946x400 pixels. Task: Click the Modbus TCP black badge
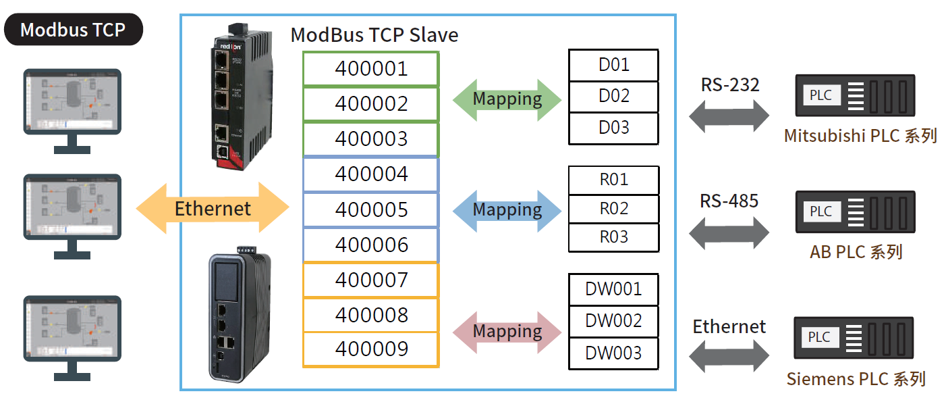74,30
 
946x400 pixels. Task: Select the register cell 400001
371,68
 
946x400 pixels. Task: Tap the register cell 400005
371,209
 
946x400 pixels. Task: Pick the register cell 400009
371,349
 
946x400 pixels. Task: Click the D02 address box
613,97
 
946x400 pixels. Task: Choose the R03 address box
613,237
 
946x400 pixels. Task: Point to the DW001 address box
613,290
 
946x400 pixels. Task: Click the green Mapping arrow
507,100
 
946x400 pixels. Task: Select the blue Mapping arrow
507,211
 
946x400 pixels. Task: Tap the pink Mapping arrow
507,332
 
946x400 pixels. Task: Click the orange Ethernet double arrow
213,207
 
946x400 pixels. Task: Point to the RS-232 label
730,85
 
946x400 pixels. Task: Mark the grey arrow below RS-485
729,233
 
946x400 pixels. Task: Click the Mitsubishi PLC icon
855,95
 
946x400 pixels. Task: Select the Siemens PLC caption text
856,379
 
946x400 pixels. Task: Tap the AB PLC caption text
856,252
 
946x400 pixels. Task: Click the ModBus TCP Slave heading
374,34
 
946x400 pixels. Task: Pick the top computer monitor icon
72,111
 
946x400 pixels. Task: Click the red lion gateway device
242,97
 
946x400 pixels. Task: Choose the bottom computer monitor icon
72,338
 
